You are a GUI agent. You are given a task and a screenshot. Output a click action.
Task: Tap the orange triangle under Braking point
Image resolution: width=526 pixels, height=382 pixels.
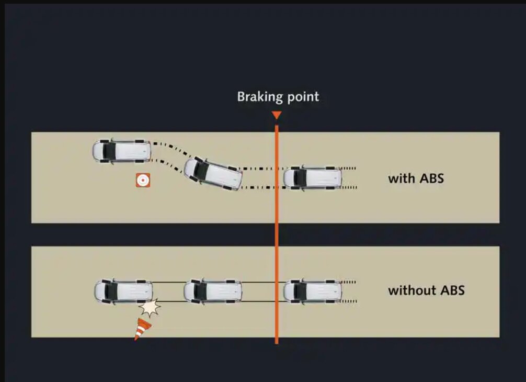pyautogui.click(x=277, y=115)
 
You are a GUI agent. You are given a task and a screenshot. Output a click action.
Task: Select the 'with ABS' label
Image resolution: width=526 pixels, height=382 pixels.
pyautogui.click(x=416, y=178)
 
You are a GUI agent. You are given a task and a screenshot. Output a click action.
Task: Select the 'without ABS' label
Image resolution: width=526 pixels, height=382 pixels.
pyautogui.click(x=426, y=290)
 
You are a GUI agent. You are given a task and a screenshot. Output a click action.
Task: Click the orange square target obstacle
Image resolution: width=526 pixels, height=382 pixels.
pyautogui.click(x=143, y=180)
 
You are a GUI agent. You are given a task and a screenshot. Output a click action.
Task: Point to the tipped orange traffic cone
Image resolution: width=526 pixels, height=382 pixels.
pyautogui.click(x=142, y=329)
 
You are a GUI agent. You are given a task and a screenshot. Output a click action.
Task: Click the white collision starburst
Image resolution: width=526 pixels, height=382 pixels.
pyautogui.click(x=150, y=307)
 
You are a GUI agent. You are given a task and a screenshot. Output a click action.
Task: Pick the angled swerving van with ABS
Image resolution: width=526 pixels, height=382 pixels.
pyautogui.click(x=213, y=174)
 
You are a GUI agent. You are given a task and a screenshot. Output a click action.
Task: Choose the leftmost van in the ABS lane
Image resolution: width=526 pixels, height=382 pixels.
pyautogui.click(x=122, y=151)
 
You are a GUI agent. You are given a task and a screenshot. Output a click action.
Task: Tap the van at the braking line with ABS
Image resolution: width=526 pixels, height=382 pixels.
pyautogui.click(x=313, y=178)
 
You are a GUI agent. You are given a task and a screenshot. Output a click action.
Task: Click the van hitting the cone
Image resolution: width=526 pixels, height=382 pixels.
pyautogui.click(x=123, y=291)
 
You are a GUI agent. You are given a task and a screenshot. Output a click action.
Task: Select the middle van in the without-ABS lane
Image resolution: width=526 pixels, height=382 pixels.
pyautogui.click(x=213, y=291)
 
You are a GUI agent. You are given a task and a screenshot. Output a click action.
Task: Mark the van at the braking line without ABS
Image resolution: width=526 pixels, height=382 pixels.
pyautogui.click(x=313, y=291)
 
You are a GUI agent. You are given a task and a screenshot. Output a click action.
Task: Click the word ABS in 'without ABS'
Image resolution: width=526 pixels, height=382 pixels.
pyautogui.click(x=452, y=290)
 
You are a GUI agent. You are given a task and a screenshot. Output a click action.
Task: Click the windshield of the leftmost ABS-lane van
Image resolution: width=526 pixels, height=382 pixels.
pyautogui.click(x=109, y=151)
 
